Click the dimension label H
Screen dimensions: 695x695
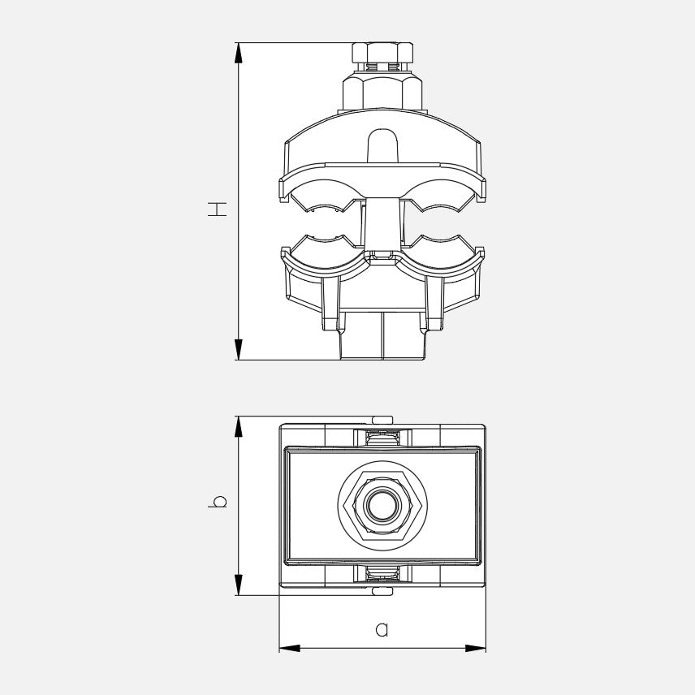pos(218,209)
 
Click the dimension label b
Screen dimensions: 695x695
pos(218,501)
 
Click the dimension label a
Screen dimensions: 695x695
pos(382,629)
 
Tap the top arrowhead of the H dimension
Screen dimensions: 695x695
pos(239,54)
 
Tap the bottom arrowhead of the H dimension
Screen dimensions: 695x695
pos(239,349)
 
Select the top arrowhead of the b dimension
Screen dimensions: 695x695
pos(239,427)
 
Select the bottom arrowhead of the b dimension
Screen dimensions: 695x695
pos(239,585)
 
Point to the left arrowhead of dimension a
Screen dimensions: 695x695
pos(289,648)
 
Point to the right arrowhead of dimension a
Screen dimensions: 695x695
pos(475,648)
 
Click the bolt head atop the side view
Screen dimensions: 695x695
pos(382,53)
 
